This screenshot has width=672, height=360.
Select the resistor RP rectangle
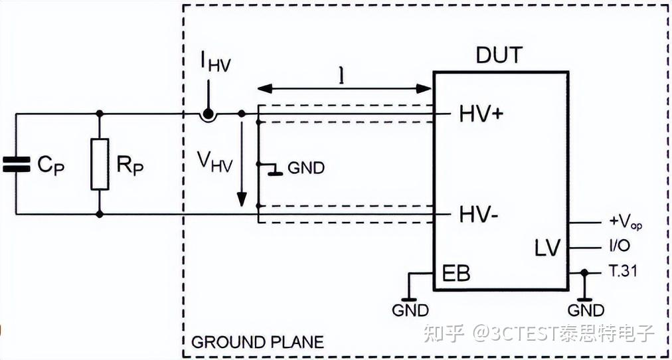click(x=100, y=164)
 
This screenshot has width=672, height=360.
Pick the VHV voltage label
click(x=214, y=162)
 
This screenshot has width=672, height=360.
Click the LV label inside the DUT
click(x=548, y=248)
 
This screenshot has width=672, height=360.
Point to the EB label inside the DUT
click(x=456, y=274)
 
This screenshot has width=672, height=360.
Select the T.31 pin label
click(x=623, y=271)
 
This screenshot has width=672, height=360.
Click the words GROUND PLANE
click(x=258, y=342)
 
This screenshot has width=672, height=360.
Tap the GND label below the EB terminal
click(x=410, y=310)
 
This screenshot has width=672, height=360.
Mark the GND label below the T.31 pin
click(x=586, y=310)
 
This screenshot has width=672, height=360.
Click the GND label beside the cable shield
click(x=306, y=168)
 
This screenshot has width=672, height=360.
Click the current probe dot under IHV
click(x=208, y=114)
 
